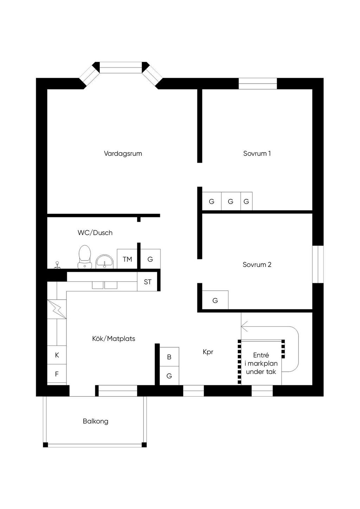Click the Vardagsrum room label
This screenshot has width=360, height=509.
[x=123, y=154]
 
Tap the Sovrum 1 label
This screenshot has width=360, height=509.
[x=257, y=154]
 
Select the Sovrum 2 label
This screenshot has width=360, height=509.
[x=257, y=265]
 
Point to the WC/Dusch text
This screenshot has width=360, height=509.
[x=95, y=233]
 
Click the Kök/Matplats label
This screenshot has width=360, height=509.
[x=114, y=339]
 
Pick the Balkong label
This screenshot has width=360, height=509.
[x=96, y=421]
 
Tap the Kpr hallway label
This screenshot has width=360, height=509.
[x=208, y=352]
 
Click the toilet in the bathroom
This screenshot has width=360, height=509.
[x=84, y=257]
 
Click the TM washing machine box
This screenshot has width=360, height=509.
[x=127, y=259]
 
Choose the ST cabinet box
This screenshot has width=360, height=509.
[x=148, y=282]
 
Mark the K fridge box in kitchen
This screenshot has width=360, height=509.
[x=57, y=355]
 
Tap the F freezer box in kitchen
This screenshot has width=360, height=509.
[x=57, y=374]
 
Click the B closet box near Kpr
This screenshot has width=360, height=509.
[x=169, y=357]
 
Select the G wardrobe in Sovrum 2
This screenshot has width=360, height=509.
[x=215, y=301]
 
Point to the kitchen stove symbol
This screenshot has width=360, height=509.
[x=57, y=309]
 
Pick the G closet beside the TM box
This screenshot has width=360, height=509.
[x=150, y=259]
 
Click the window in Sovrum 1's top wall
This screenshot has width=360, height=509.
[x=258, y=84]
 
